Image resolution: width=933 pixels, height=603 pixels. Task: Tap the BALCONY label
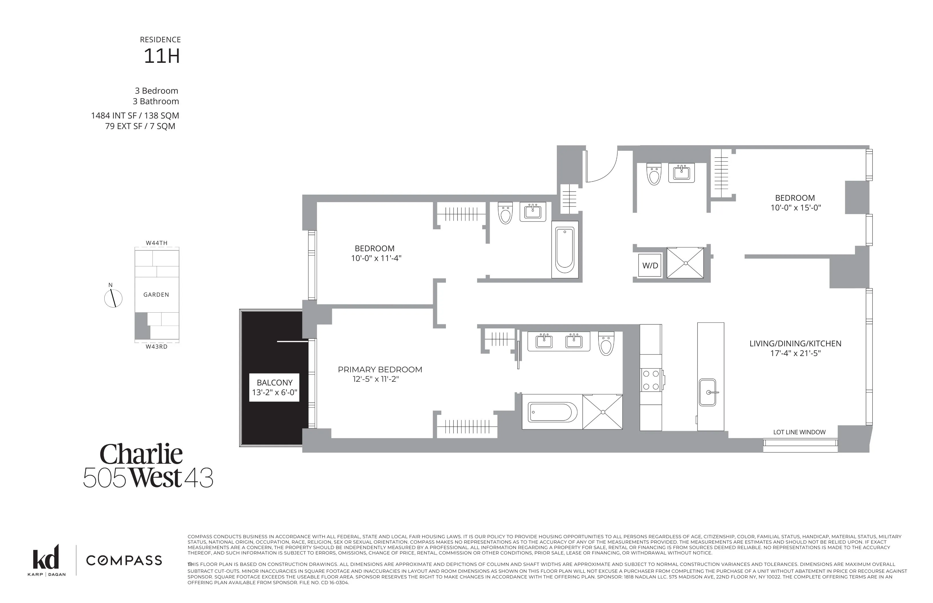tap(274, 383)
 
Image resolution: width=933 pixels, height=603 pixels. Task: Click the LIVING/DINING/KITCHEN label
tap(795, 343)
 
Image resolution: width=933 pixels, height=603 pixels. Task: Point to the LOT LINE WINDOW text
tap(799, 432)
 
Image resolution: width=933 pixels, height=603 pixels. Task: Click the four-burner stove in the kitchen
tap(650, 380)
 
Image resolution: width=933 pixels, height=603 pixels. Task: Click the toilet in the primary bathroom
tap(606, 343)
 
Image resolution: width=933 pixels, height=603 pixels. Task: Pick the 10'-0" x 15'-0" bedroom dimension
tap(796, 208)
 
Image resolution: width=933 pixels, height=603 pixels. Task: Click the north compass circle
tap(113, 299)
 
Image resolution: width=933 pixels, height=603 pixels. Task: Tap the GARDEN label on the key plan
tap(156, 294)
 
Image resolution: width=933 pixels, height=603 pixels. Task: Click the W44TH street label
tap(156, 243)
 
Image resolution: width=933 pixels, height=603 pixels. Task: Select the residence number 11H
tap(162, 56)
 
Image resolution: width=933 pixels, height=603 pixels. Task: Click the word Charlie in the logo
tap(141, 454)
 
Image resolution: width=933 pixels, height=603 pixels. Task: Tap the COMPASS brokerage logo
tap(124, 560)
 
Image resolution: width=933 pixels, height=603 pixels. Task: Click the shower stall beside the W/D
tap(685, 263)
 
